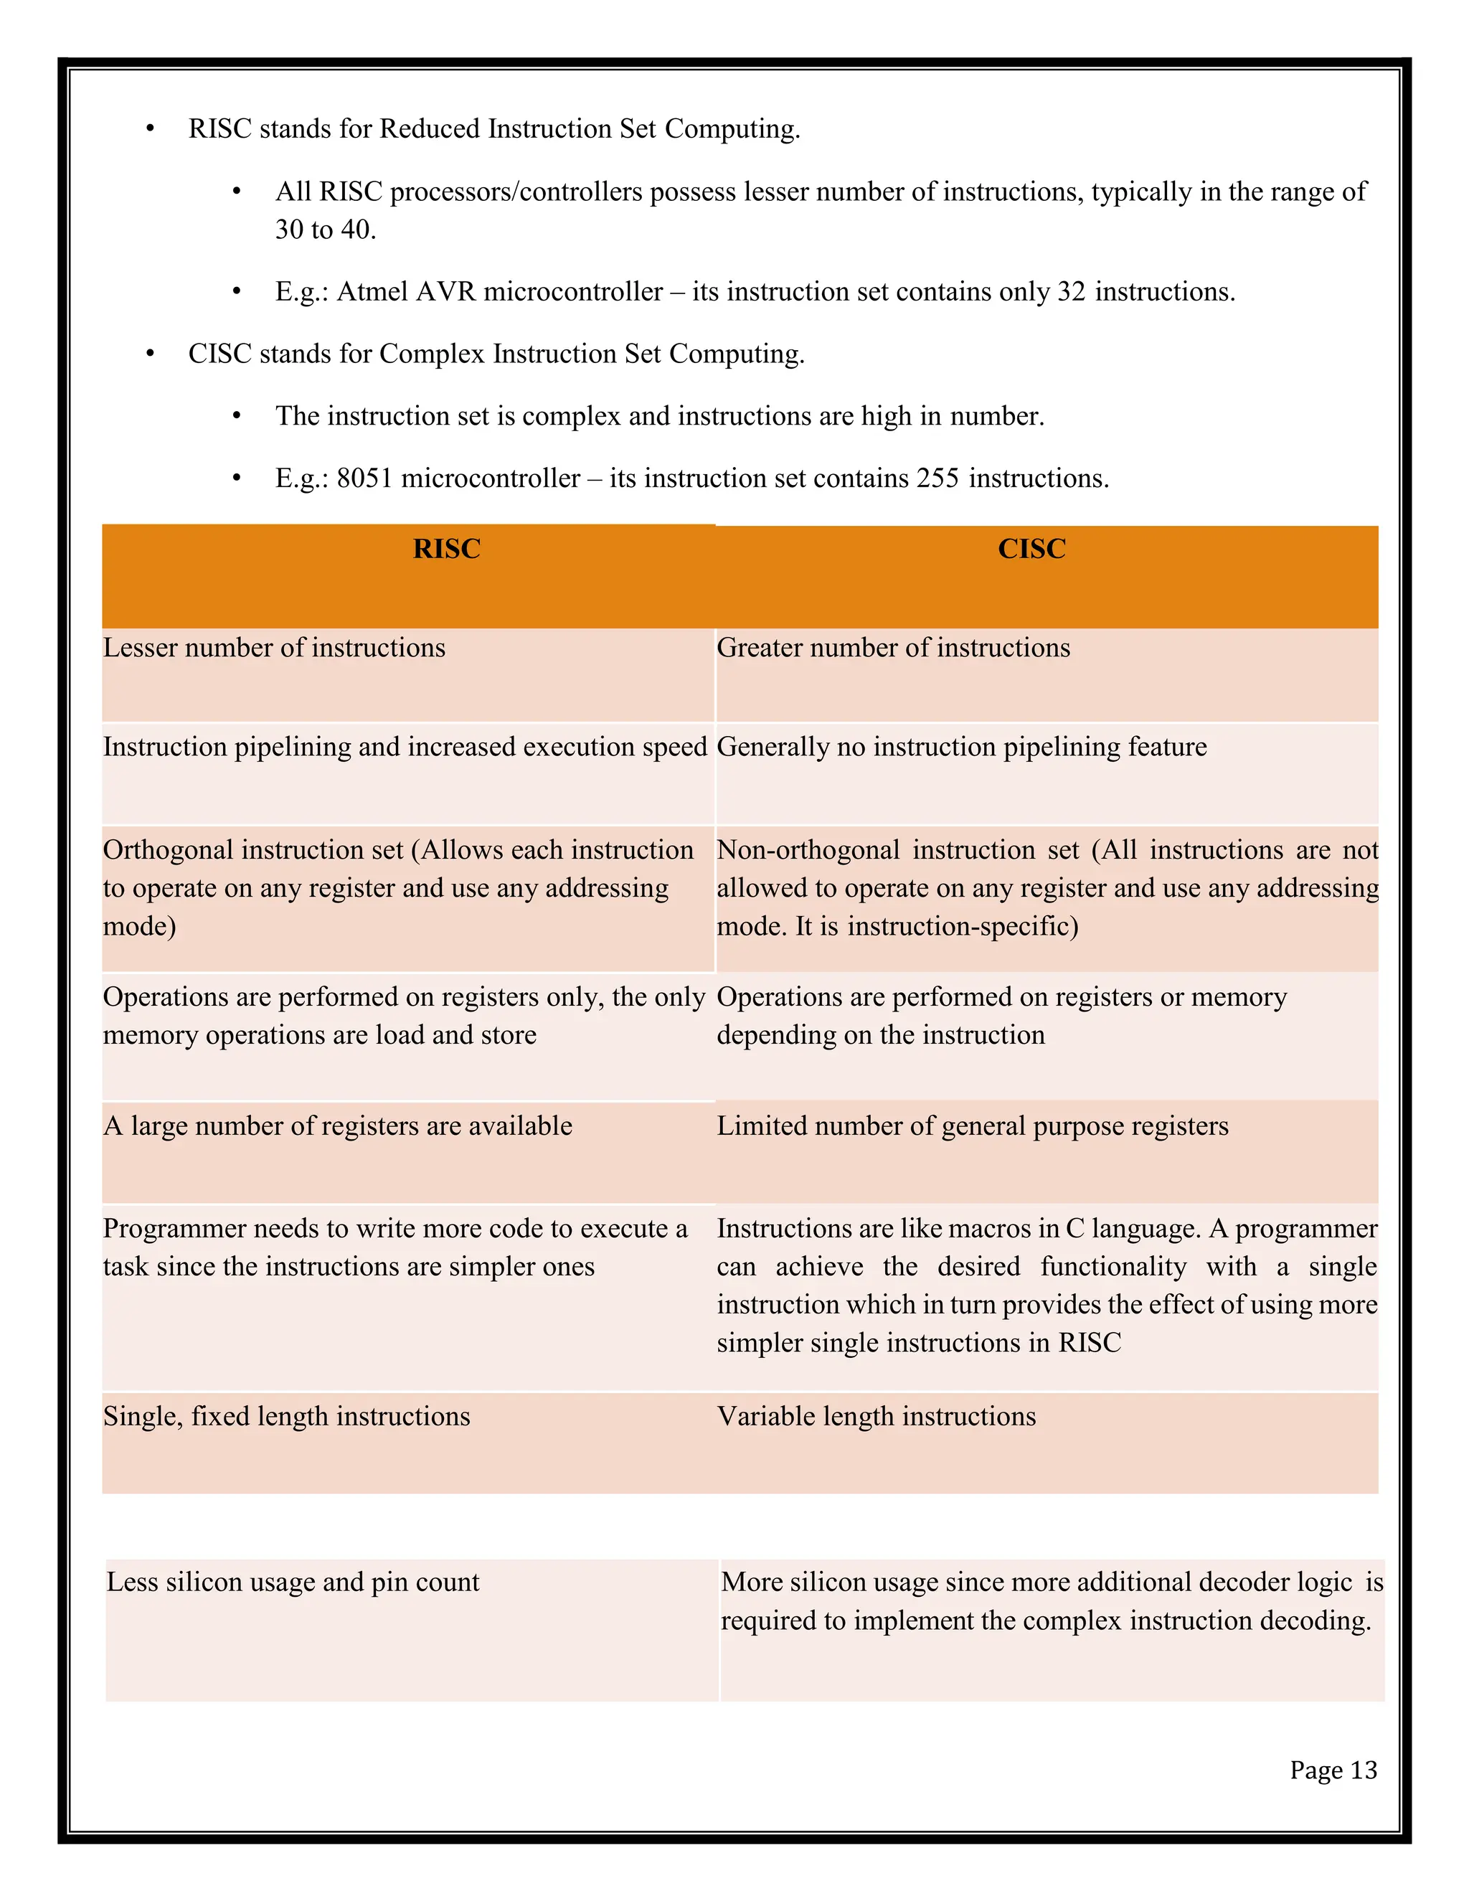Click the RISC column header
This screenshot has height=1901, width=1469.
tap(446, 549)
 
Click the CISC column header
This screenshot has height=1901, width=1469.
tap(1031, 549)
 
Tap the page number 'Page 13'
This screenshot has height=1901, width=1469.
tap(1333, 1770)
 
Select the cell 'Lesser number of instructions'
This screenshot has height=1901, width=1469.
tap(274, 648)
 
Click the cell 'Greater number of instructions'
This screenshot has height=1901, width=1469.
tap(893, 648)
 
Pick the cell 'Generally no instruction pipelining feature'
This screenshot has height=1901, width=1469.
tap(962, 747)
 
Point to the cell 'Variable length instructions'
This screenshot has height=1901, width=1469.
tap(877, 1416)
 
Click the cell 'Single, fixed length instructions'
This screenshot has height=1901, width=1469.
tap(286, 1416)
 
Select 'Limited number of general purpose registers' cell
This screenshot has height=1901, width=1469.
tap(972, 1126)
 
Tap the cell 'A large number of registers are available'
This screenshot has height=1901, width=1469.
tap(338, 1126)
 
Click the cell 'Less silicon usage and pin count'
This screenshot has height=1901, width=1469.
tap(293, 1582)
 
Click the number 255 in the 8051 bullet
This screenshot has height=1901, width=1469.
tap(937, 478)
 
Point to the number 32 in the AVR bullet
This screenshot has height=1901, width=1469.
tap(1072, 291)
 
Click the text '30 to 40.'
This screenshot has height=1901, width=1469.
tap(326, 230)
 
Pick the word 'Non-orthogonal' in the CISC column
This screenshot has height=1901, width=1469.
tap(808, 849)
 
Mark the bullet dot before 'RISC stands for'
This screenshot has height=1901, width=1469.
tap(150, 130)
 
